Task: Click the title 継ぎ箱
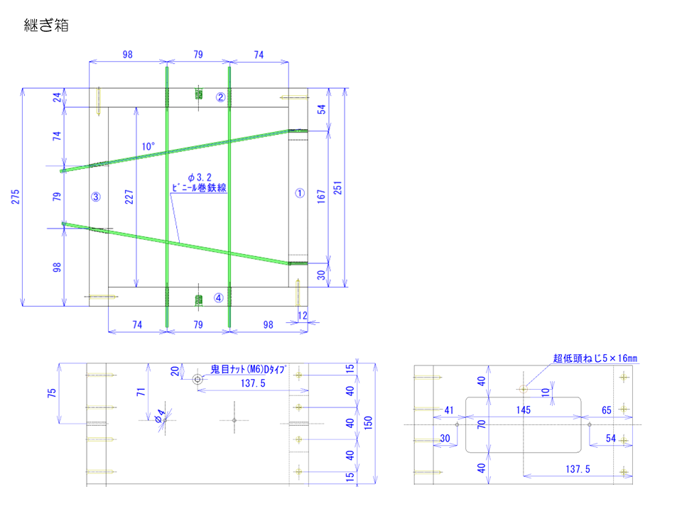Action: pos(45,27)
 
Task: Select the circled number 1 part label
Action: pos(299,192)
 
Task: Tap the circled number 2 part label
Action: pos(221,97)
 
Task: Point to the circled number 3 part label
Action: pos(96,197)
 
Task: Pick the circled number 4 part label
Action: pos(219,298)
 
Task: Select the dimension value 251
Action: pos(338,187)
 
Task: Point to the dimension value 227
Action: pos(128,197)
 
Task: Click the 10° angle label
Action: pos(148,146)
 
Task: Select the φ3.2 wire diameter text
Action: pos(200,176)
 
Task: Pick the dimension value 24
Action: pos(58,97)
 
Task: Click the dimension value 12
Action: pos(303,315)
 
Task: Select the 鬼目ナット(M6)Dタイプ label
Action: pos(248,370)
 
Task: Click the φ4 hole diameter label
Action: pos(161,416)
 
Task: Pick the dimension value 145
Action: pos(524,410)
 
